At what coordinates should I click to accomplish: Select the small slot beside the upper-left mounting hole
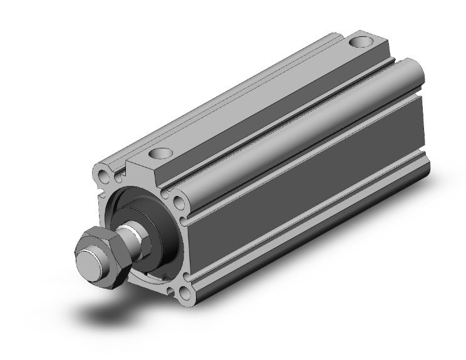(116, 178)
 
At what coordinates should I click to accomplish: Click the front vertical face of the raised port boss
(144, 172)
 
